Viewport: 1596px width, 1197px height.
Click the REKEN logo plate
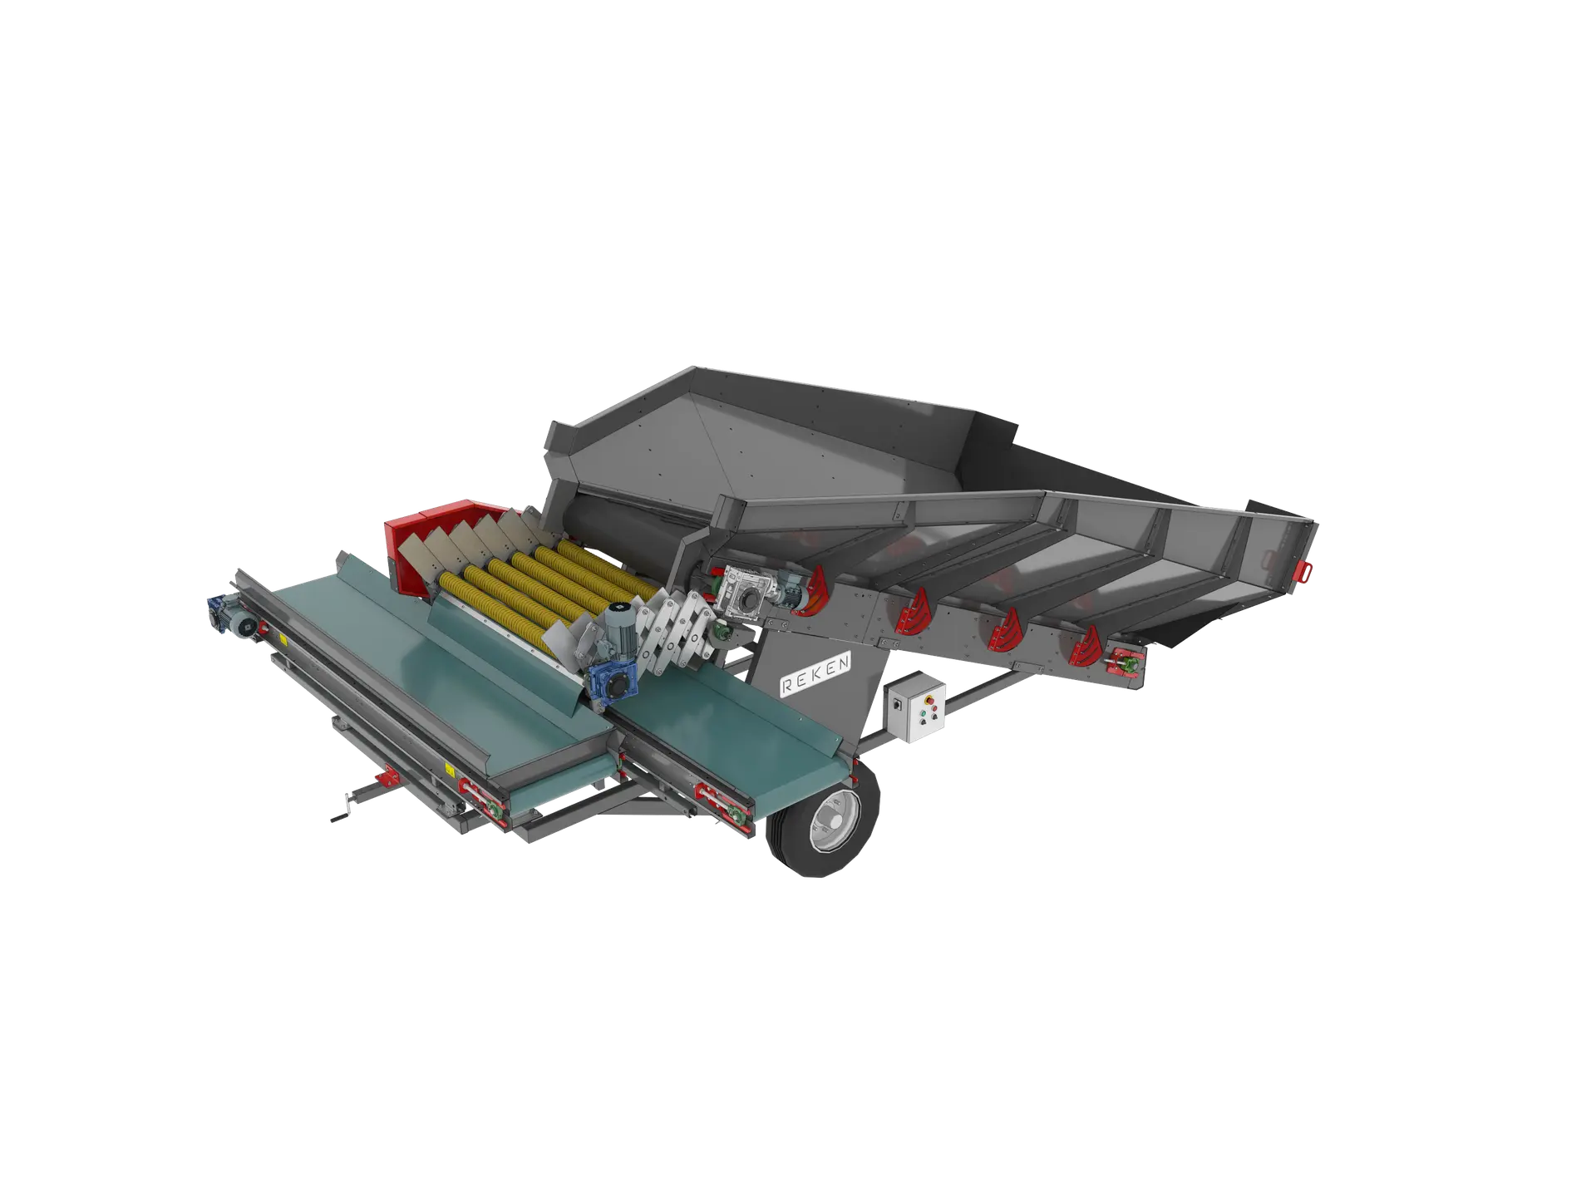pyautogui.click(x=815, y=673)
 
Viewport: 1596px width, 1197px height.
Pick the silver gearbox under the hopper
pyautogui.click(x=747, y=591)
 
